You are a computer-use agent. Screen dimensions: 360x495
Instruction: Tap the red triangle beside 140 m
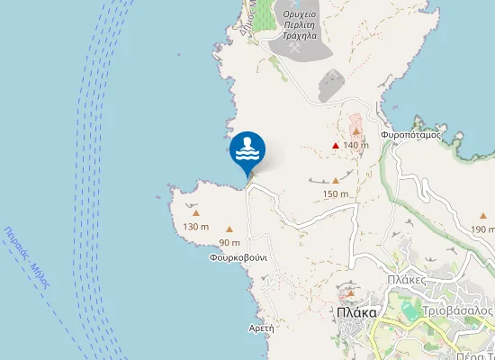[x=336, y=145]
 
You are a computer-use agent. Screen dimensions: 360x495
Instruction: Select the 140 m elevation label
[x=356, y=145]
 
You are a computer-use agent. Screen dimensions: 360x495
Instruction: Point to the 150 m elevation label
[x=336, y=193]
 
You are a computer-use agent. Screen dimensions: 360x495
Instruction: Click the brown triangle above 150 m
[x=336, y=180]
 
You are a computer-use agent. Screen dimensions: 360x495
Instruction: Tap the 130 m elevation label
[x=195, y=226]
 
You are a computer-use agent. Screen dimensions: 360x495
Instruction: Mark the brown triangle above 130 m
[x=195, y=212]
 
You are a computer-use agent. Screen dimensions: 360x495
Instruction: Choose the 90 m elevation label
[x=229, y=242]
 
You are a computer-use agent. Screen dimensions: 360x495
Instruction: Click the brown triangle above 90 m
[x=229, y=229]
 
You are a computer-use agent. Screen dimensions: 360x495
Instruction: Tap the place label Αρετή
[x=261, y=328]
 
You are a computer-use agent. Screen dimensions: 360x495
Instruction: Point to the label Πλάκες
[x=406, y=280]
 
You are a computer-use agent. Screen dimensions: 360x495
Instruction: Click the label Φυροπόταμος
[x=410, y=135]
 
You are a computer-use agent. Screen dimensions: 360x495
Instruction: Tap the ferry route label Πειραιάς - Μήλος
[x=27, y=257]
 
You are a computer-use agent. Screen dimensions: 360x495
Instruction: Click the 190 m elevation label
[x=483, y=229]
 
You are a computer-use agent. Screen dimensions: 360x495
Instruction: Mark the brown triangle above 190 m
[x=483, y=216]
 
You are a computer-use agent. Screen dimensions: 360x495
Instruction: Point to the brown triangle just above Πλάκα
[x=351, y=293]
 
